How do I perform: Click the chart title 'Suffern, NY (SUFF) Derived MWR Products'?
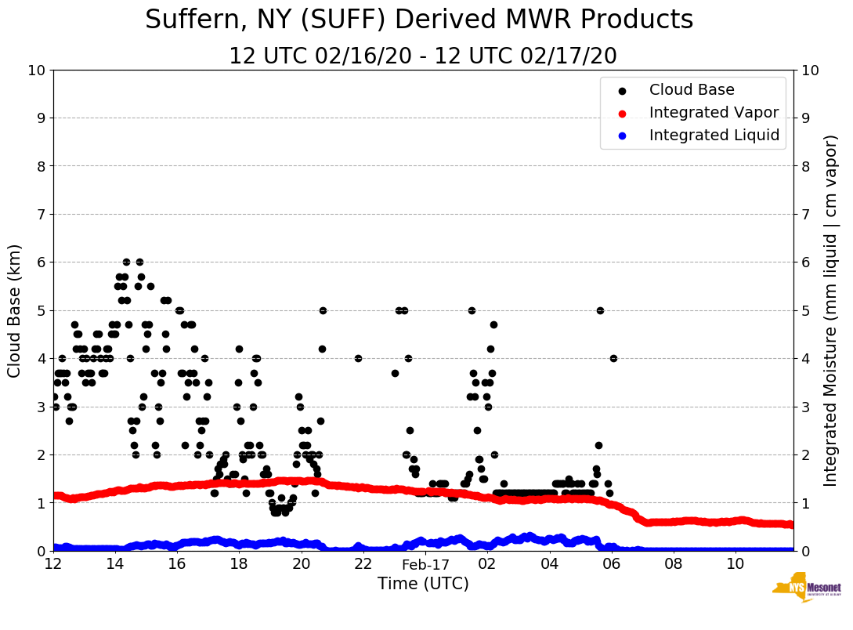[x=419, y=20]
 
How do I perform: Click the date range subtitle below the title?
[x=423, y=56]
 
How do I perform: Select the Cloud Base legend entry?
[x=692, y=90]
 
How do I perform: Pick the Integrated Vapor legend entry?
[x=714, y=113]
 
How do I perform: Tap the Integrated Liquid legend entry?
[x=714, y=136]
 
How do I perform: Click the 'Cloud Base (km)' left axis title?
[x=15, y=310]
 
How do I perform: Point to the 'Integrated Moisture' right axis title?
[x=830, y=310]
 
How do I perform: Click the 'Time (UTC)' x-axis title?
[x=423, y=584]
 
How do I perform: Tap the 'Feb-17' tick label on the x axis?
[x=425, y=564]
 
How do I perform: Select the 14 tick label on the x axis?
[x=115, y=564]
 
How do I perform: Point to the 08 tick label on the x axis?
[x=674, y=564]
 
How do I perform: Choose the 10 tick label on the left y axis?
[x=37, y=71]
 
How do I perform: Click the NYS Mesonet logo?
[x=807, y=589]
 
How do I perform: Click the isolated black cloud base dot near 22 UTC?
[x=358, y=358]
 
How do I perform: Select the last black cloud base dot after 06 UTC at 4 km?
[x=613, y=358]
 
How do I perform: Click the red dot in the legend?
[x=622, y=113]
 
